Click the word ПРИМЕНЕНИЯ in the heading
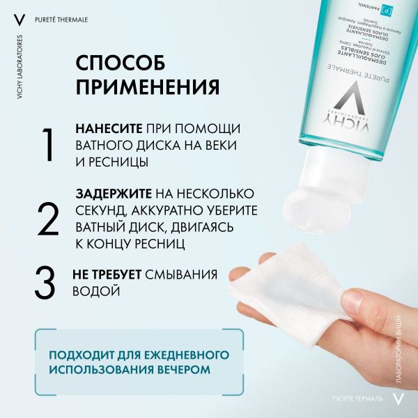tap(147, 87)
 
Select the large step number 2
tap(47, 218)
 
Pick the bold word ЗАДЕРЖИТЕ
tap(112, 193)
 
